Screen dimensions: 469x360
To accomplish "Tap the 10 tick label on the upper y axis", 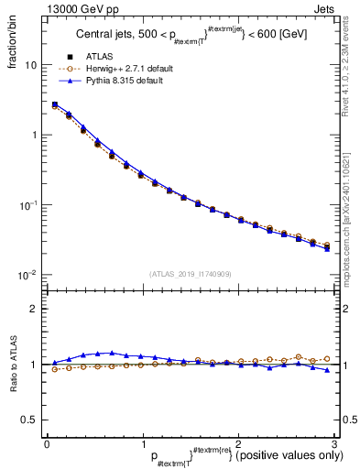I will coord(30,66).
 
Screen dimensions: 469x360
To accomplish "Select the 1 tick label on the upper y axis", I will coord(33,136).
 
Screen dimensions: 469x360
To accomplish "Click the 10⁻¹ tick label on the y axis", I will coord(28,204).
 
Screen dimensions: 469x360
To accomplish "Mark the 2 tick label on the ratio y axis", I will coord(33,310).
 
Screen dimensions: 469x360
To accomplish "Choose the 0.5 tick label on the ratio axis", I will coord(29,420).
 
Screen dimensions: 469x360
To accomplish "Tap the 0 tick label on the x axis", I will coord(47,443).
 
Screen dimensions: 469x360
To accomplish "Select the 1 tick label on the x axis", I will coord(142,443).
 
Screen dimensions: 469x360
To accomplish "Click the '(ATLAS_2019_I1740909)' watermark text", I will coord(191,274).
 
